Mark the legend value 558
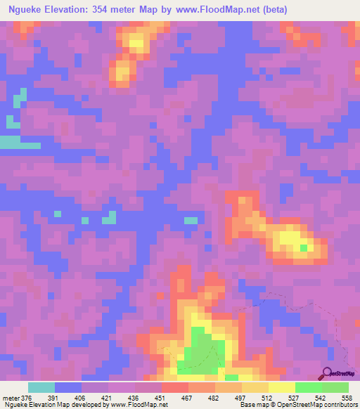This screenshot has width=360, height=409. (x=347, y=398)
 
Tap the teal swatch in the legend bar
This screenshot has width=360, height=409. (x=41, y=387)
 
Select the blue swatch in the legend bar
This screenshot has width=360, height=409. (x=68, y=387)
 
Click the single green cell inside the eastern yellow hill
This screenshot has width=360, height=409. (x=304, y=247)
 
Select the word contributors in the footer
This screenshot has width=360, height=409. (x=337, y=405)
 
